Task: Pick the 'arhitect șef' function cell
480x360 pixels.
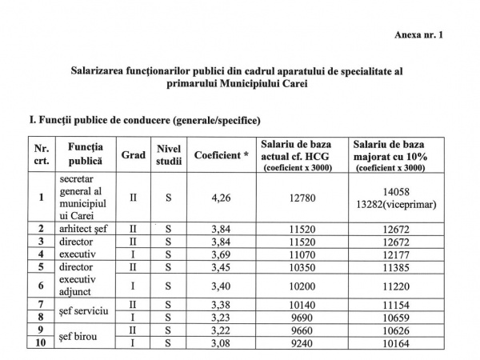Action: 84,229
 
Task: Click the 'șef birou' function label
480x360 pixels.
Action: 79,335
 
